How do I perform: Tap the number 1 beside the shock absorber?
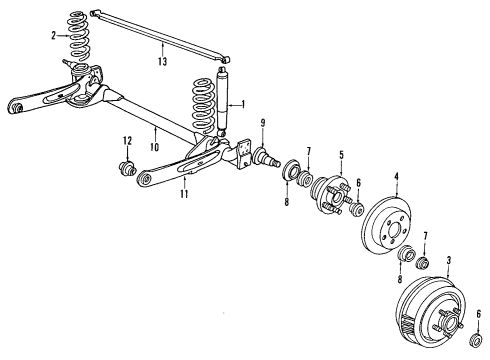[x=241, y=104]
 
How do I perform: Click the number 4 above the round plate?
[x=396, y=179]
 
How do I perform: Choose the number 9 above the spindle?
[x=262, y=124]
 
